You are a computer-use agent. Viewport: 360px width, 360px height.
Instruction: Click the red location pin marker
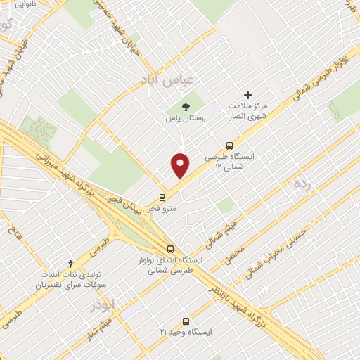pyautogui.click(x=181, y=165)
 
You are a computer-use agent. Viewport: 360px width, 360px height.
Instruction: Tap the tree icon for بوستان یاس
pyautogui.click(x=186, y=108)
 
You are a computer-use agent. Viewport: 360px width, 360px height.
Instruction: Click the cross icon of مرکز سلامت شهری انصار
pyautogui.click(x=247, y=95)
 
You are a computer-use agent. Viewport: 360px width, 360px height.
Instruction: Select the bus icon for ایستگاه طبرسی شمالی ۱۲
pyautogui.click(x=229, y=146)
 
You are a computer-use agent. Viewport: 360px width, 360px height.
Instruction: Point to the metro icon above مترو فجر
pyautogui.click(x=162, y=198)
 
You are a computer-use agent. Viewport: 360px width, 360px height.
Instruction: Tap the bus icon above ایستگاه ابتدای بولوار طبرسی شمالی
pyautogui.click(x=169, y=249)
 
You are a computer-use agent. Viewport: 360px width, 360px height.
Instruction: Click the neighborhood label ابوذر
pyautogui.click(x=101, y=305)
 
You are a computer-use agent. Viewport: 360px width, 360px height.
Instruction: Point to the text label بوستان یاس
pyautogui.click(x=186, y=119)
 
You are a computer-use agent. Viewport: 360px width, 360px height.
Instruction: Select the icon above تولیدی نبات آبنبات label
pyautogui.click(x=70, y=262)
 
